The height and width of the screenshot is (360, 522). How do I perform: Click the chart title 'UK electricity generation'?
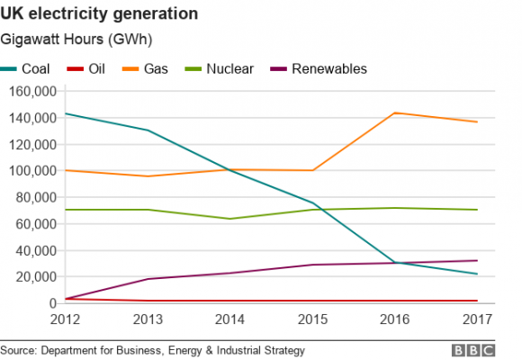99,14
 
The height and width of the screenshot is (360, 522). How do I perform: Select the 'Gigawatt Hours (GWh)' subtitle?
76,40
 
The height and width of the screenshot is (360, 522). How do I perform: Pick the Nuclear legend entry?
220,68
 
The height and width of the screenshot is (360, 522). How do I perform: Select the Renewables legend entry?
315,68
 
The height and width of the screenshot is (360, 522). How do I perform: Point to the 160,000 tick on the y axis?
31,91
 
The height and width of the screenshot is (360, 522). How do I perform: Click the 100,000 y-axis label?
31,171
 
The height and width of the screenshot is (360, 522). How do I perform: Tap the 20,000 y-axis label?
35,277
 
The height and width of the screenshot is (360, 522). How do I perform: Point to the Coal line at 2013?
148,130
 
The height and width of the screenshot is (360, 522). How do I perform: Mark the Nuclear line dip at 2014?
229,219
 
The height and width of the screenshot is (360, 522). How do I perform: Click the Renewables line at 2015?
312,265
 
